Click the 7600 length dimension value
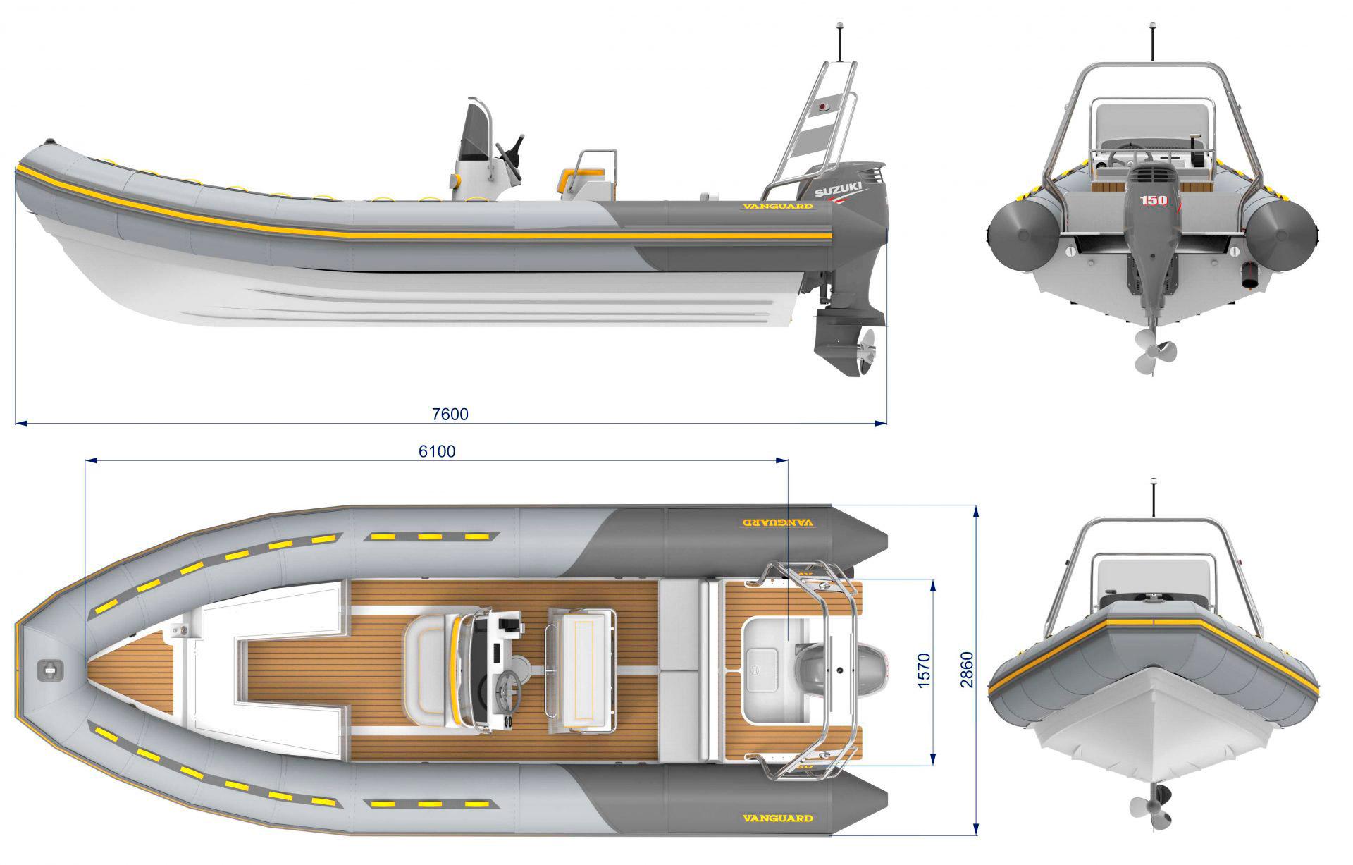[450, 414]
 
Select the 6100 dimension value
[437, 451]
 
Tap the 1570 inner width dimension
[925, 670]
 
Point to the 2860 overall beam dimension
[966, 670]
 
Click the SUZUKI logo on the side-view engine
[839, 190]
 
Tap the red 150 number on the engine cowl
[1154, 200]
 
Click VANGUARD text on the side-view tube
[777, 207]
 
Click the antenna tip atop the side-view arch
[840, 25]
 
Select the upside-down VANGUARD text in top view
[778, 523]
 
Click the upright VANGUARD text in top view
[778, 818]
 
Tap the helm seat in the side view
[588, 176]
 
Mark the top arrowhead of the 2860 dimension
[976, 510]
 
